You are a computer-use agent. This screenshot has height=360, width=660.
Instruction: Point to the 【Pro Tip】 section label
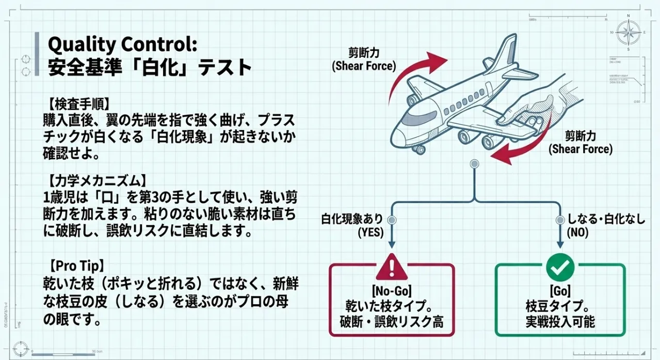coord(77,266)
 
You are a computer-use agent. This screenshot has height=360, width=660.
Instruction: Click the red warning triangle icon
coord(392,267)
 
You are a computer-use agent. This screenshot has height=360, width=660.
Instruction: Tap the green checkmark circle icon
coord(560,267)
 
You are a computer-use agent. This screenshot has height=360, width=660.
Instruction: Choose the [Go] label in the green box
coord(560,288)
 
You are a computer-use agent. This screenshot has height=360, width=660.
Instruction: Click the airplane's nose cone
coord(396,128)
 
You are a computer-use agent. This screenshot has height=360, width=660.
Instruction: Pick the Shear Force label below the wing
coord(580,143)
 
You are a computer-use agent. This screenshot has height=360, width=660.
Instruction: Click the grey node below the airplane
coord(474,163)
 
